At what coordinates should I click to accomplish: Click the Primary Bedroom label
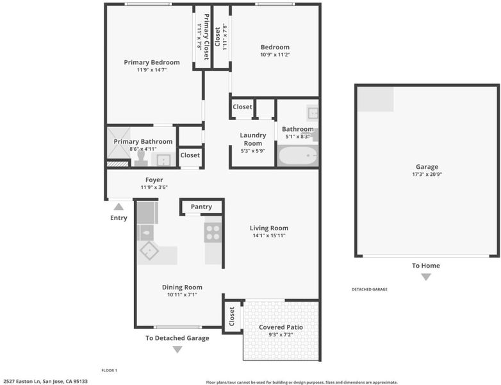click(x=152, y=62)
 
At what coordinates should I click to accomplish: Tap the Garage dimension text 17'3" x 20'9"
click(x=427, y=175)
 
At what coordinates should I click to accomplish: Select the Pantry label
click(x=201, y=207)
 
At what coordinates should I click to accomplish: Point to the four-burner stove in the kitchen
click(x=213, y=232)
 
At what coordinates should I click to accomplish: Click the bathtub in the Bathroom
click(x=298, y=155)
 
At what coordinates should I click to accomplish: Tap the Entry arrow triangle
click(x=119, y=207)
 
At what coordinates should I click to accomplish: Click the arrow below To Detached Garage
click(x=177, y=349)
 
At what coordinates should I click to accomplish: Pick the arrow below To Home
click(x=426, y=277)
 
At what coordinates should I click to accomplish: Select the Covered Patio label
click(x=281, y=327)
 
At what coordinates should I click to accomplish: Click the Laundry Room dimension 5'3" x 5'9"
click(x=252, y=151)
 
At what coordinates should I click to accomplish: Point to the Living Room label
click(x=269, y=228)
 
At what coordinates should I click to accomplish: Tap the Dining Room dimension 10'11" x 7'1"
click(x=182, y=295)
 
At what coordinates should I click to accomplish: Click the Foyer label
click(x=154, y=180)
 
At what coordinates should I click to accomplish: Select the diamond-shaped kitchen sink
click(x=149, y=250)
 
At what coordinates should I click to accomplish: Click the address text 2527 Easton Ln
click(x=22, y=382)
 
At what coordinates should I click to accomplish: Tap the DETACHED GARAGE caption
click(x=370, y=289)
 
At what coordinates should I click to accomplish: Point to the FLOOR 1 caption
click(x=110, y=370)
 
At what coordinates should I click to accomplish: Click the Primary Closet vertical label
click(x=206, y=37)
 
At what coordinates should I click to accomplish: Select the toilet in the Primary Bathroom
click(x=141, y=158)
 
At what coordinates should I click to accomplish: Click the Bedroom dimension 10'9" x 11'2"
click(x=275, y=55)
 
